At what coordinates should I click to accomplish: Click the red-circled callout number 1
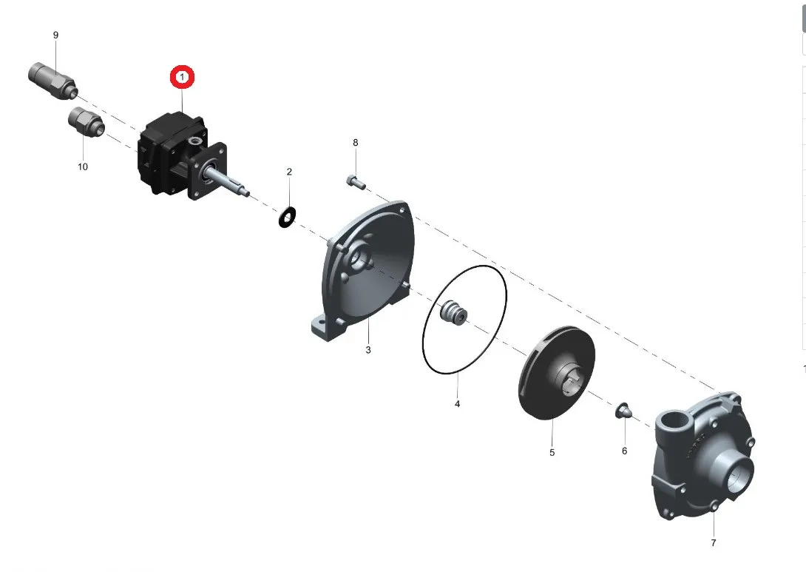click(182, 77)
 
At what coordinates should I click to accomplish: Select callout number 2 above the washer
click(289, 172)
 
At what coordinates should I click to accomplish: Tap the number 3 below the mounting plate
click(368, 349)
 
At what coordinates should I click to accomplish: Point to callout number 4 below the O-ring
click(457, 404)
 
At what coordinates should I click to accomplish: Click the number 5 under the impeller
click(552, 452)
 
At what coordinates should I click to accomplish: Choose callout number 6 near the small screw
click(624, 451)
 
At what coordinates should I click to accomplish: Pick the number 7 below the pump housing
click(714, 543)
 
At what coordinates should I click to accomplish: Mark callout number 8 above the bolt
click(355, 142)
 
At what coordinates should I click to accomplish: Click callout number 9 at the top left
click(55, 36)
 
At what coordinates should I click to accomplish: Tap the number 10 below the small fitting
click(83, 166)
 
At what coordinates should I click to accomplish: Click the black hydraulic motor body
click(166, 152)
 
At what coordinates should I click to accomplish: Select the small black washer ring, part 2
click(287, 218)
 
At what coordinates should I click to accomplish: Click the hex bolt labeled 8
click(355, 180)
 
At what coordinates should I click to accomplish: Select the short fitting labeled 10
click(87, 122)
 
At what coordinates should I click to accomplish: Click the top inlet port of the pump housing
click(674, 424)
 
